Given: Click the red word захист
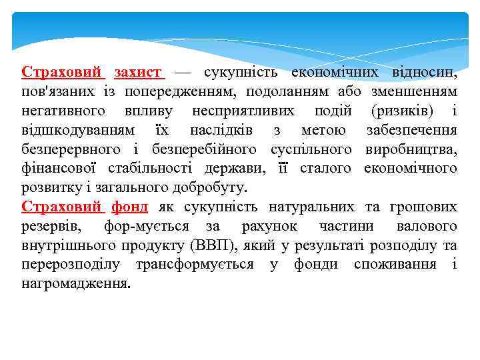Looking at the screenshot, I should (138, 71).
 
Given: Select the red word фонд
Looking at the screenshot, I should (129, 207).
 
